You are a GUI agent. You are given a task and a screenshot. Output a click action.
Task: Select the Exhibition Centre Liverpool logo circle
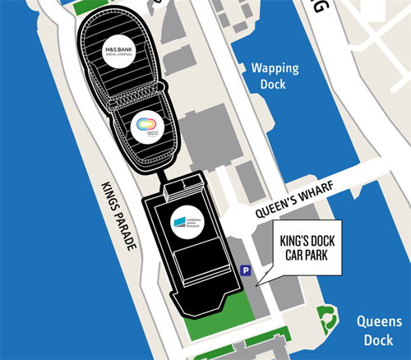point(187,224)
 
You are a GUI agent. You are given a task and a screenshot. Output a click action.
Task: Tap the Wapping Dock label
point(275,76)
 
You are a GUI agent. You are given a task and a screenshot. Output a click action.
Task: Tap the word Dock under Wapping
point(275,84)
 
